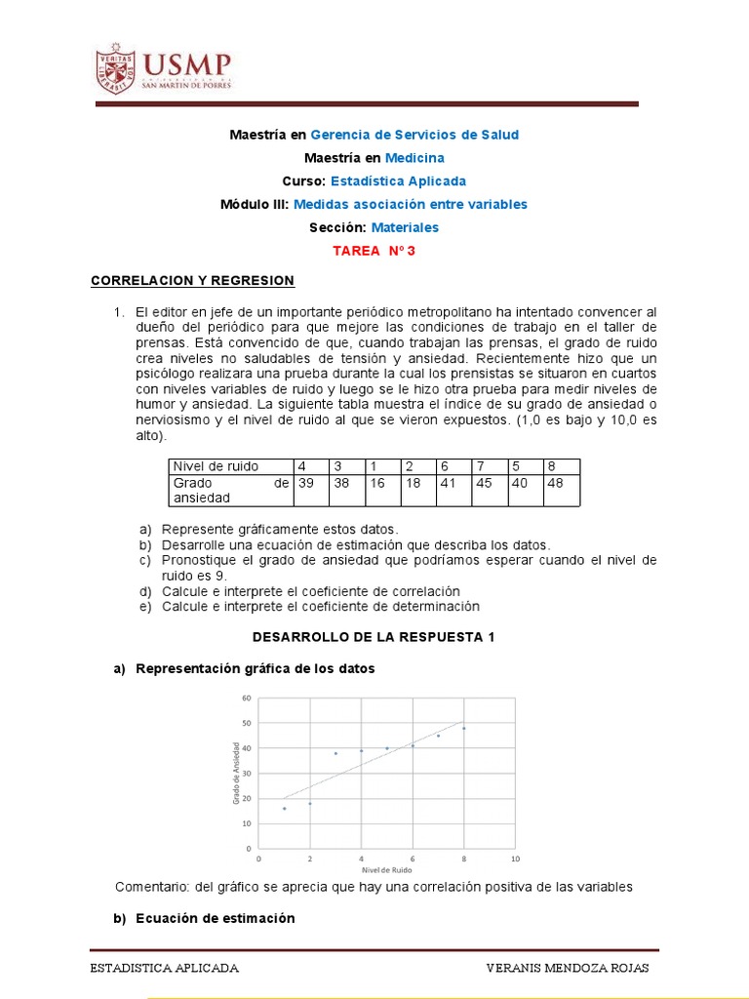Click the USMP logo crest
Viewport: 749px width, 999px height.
115,68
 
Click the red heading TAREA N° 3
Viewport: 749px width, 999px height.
374,251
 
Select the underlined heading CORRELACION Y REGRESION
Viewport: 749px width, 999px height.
192,280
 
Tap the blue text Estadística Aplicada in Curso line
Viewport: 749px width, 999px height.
398,180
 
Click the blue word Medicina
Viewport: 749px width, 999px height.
414,157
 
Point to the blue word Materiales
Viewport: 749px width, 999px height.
405,227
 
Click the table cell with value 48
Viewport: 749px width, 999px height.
556,483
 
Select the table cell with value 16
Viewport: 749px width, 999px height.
378,483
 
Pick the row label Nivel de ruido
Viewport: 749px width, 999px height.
213,465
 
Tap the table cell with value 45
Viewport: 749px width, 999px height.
485,483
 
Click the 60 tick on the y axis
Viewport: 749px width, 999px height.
246,698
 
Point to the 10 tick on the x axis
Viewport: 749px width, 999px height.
515,859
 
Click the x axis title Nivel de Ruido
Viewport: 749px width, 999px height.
386,869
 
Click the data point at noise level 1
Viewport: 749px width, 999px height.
284,808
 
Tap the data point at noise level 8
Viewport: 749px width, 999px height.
463,728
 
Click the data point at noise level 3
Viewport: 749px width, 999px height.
335,753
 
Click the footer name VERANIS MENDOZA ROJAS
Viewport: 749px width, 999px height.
567,968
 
